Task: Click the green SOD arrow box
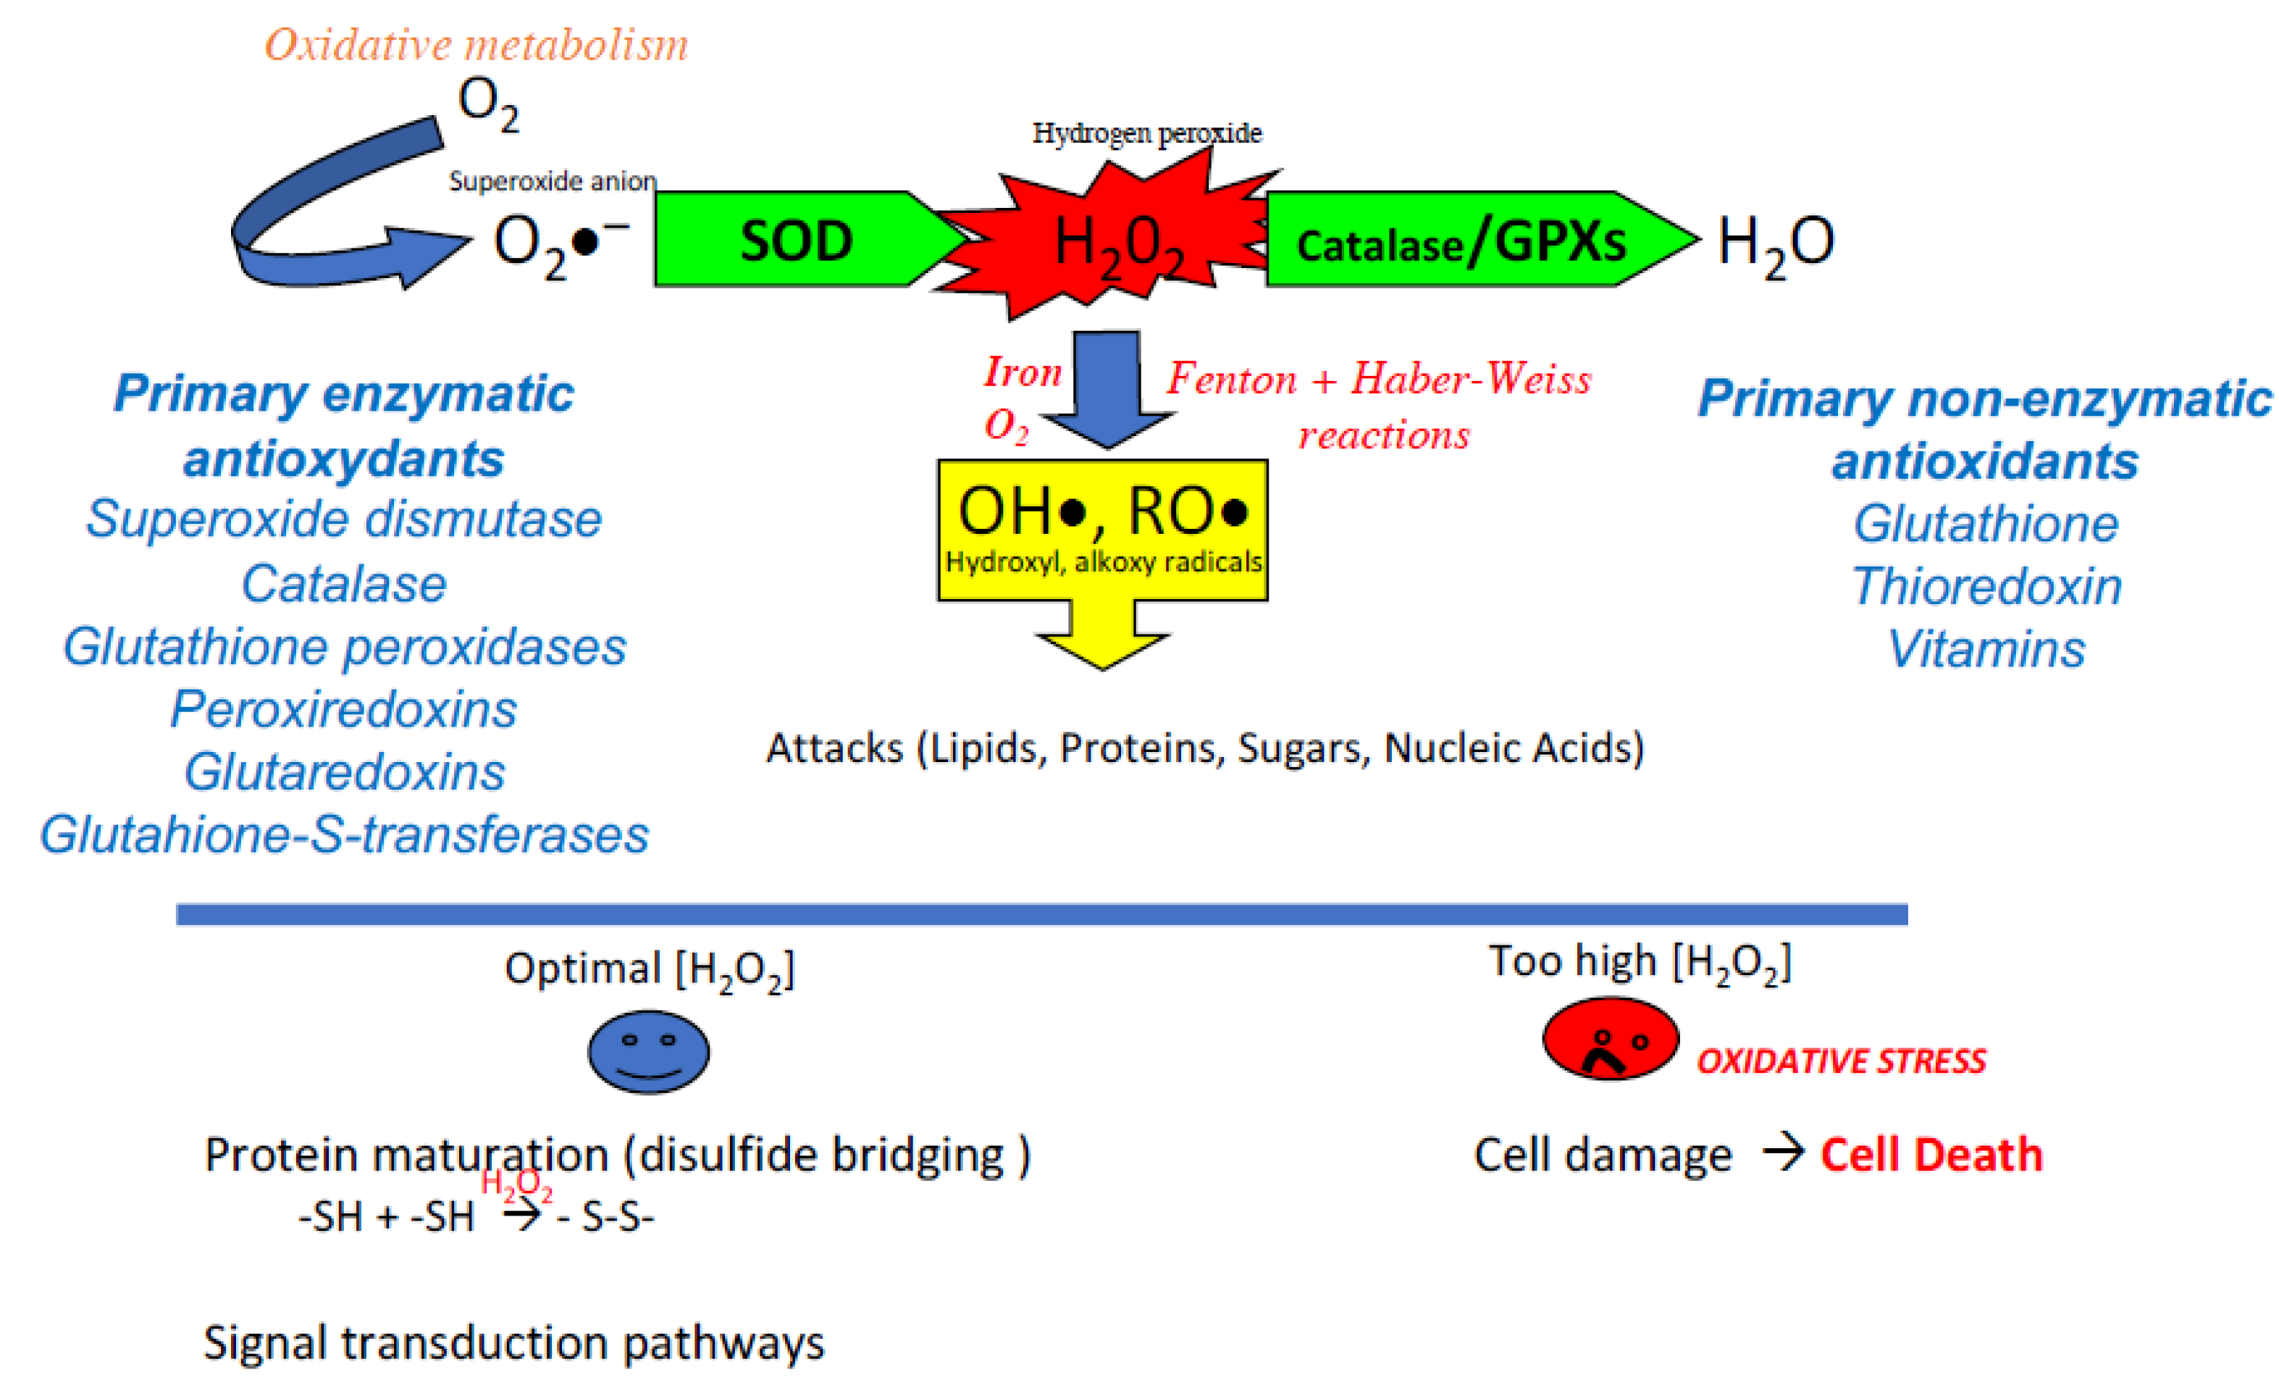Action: point(795,240)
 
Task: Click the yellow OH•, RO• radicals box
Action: point(1102,530)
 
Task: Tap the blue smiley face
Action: point(648,1052)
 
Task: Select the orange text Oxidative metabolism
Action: point(477,44)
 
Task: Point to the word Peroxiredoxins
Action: point(343,710)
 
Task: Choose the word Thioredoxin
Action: point(1986,587)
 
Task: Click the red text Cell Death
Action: point(1931,1154)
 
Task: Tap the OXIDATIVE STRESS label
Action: point(1841,1061)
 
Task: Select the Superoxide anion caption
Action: point(552,180)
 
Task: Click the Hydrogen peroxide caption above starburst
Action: point(1147,133)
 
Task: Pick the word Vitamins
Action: point(1986,648)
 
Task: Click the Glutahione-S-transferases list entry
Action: point(344,835)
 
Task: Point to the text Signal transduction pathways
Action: point(513,1342)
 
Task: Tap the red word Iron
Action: point(1022,372)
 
